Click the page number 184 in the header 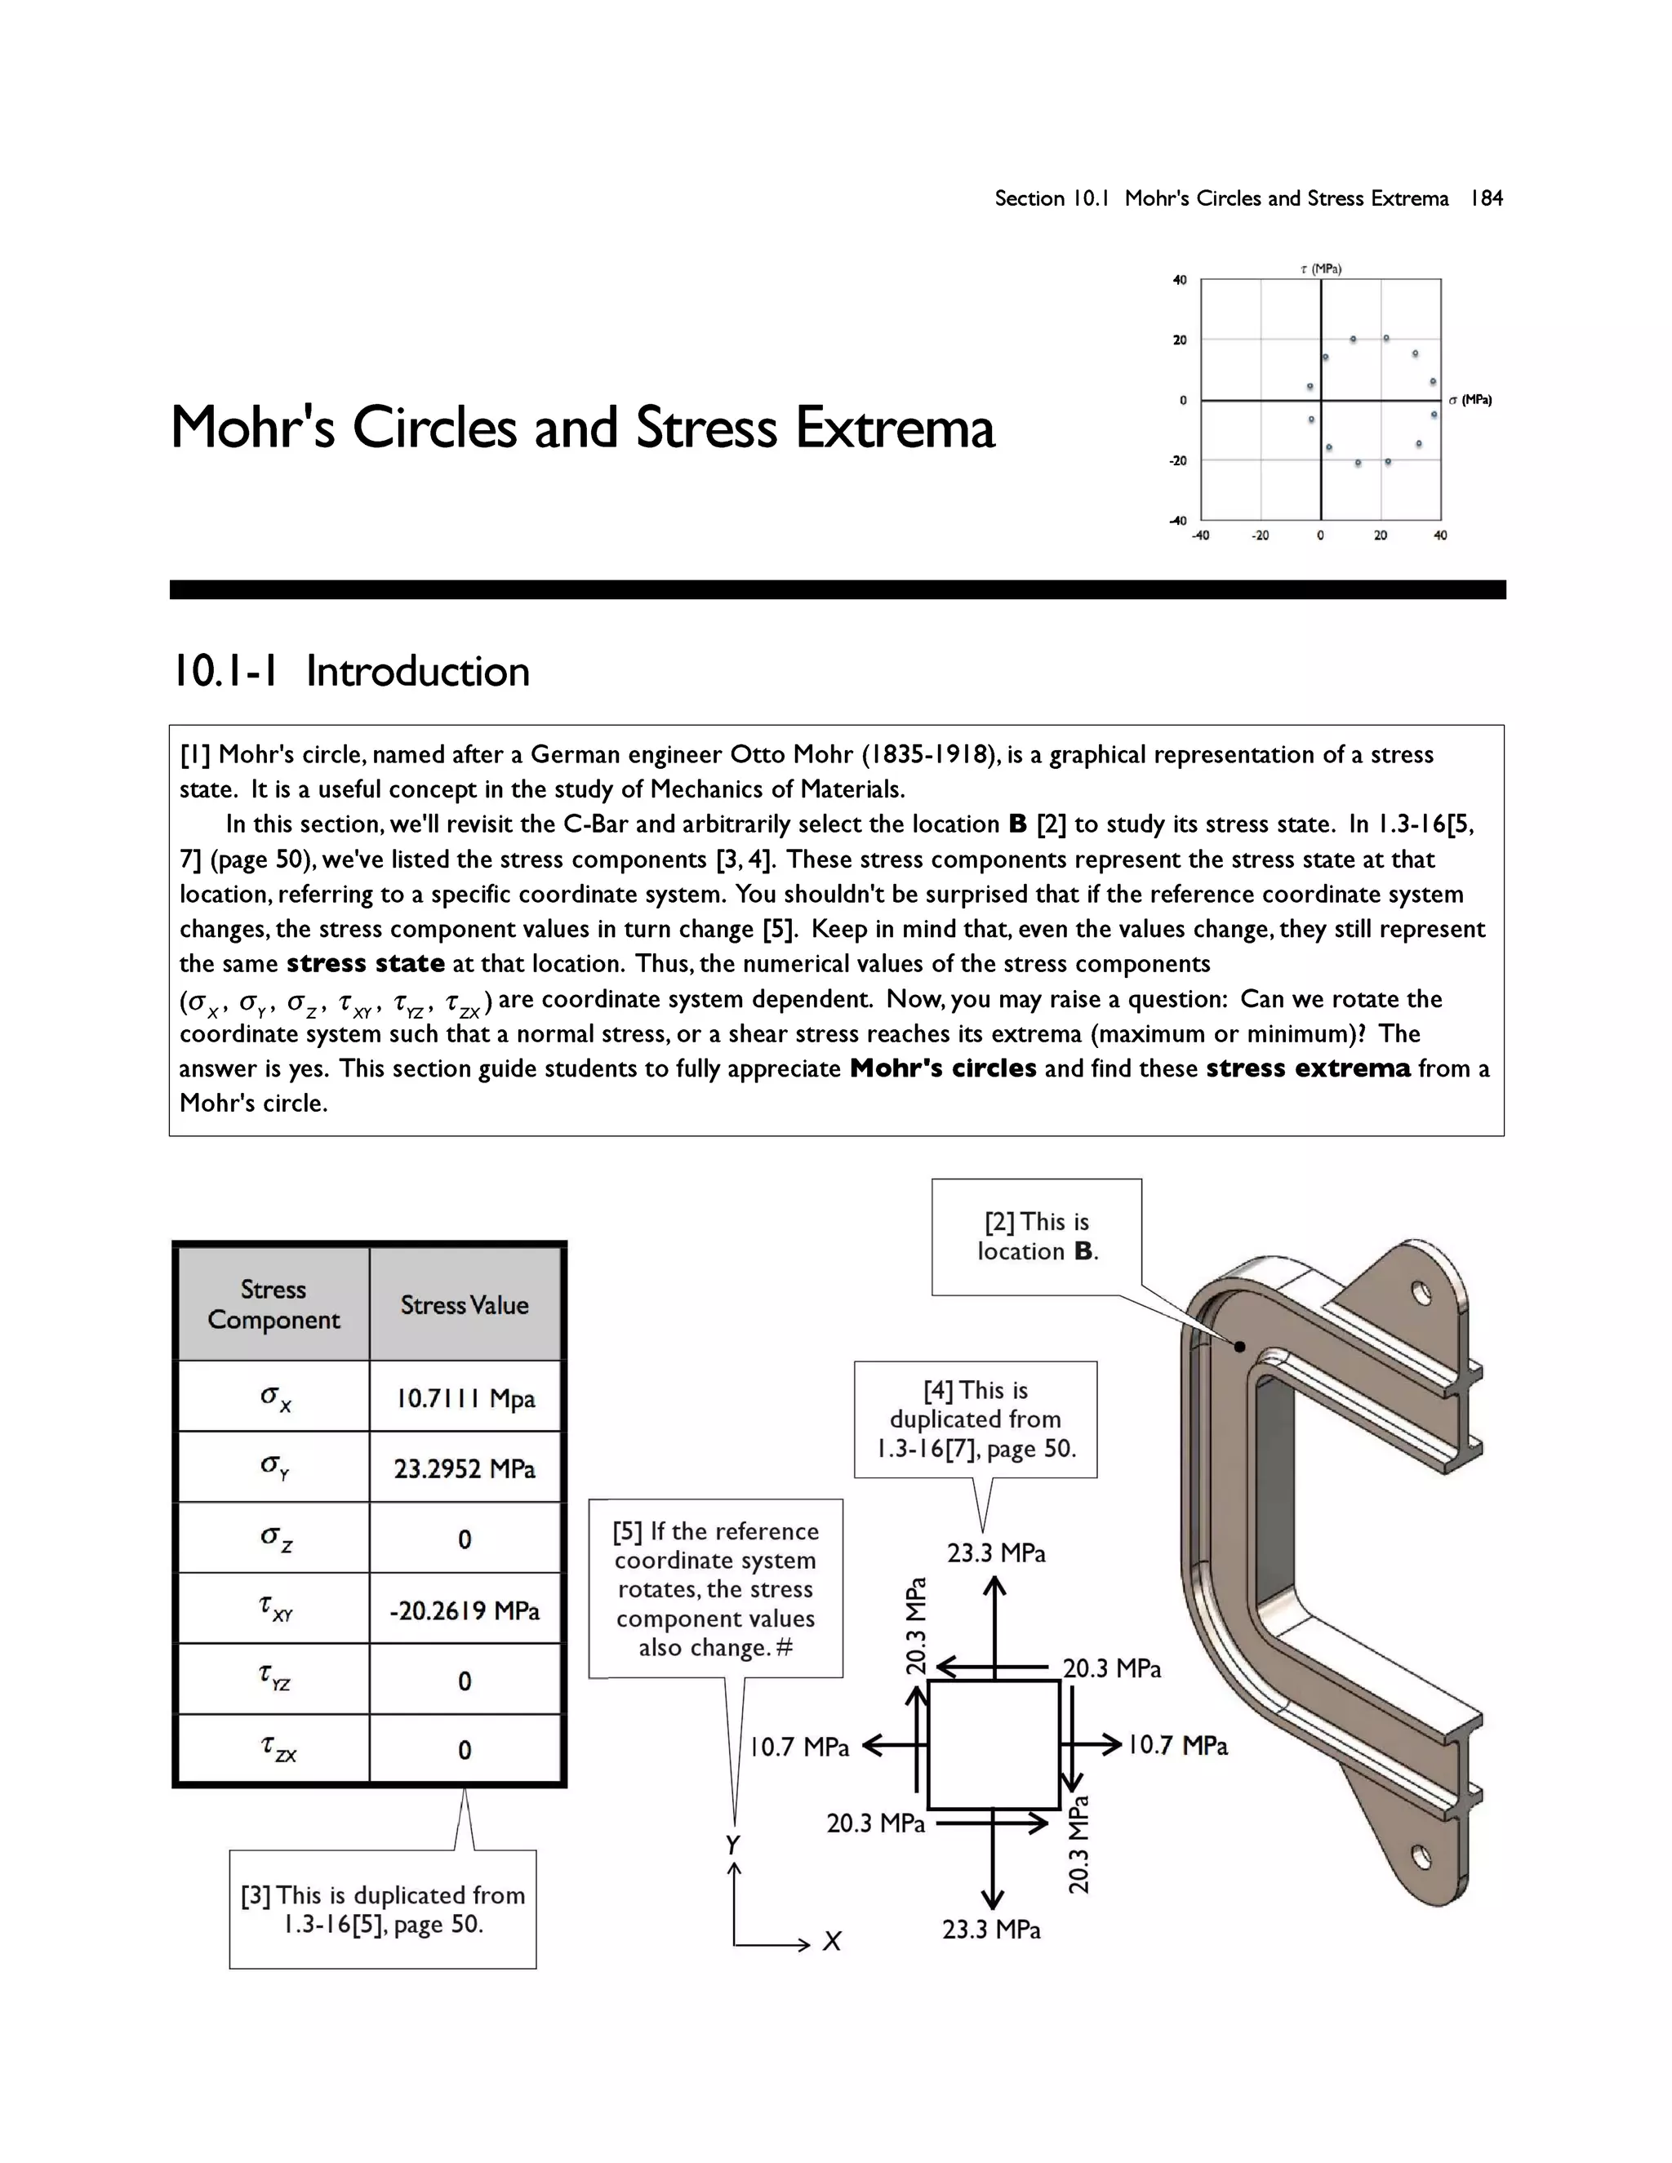click(1486, 198)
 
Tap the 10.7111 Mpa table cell click(465, 1398)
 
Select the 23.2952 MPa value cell click(465, 1468)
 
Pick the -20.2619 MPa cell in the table click(465, 1610)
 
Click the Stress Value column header click(465, 1304)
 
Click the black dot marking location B click(1239, 1346)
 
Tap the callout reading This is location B click(1037, 1236)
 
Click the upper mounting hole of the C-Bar click(1421, 1295)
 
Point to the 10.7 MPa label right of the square click(1178, 1745)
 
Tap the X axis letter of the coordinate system click(832, 1942)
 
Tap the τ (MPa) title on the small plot click(1320, 269)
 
